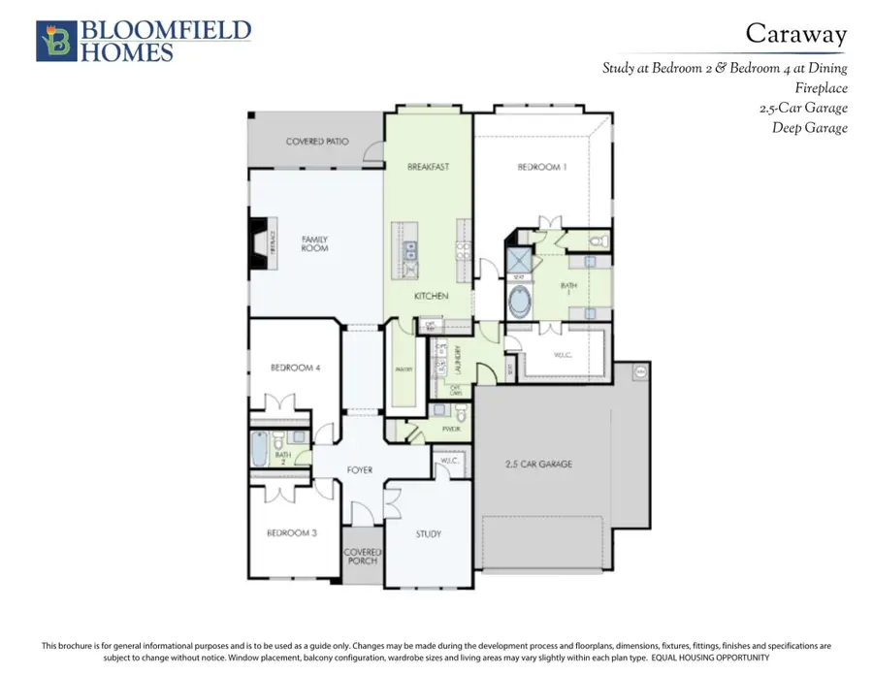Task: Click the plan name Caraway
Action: (795, 34)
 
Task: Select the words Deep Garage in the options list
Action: (810, 127)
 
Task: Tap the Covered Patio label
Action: (317, 142)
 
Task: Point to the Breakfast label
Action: (428, 167)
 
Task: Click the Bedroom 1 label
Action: (541, 167)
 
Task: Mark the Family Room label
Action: (314, 243)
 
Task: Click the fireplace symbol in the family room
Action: (260, 242)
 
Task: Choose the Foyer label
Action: (360, 470)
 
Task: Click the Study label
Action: (428, 534)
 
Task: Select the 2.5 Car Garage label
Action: (538, 465)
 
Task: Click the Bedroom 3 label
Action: (292, 533)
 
